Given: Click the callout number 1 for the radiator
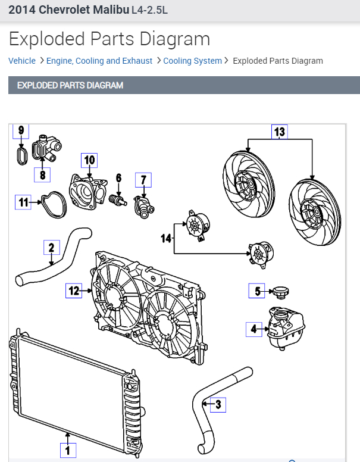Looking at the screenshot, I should point(67,450).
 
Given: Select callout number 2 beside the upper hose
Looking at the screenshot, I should point(52,247).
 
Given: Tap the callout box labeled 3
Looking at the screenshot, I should point(218,405).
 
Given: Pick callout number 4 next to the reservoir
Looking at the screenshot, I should point(254,328).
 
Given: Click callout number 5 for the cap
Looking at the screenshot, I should point(257,291).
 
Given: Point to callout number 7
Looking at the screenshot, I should point(143,179).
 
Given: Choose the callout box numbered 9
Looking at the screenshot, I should point(21,130).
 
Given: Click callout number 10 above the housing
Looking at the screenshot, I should point(89,160).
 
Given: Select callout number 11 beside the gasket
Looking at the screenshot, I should point(23,202).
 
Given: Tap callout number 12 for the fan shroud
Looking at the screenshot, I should point(74,291).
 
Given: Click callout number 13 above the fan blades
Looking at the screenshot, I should point(280,132).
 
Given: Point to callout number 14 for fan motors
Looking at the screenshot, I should point(166,238).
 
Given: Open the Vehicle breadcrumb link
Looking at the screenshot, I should point(22,61).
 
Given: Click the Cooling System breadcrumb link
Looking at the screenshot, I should point(192,61).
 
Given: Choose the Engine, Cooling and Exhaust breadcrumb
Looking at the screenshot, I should point(99,61).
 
